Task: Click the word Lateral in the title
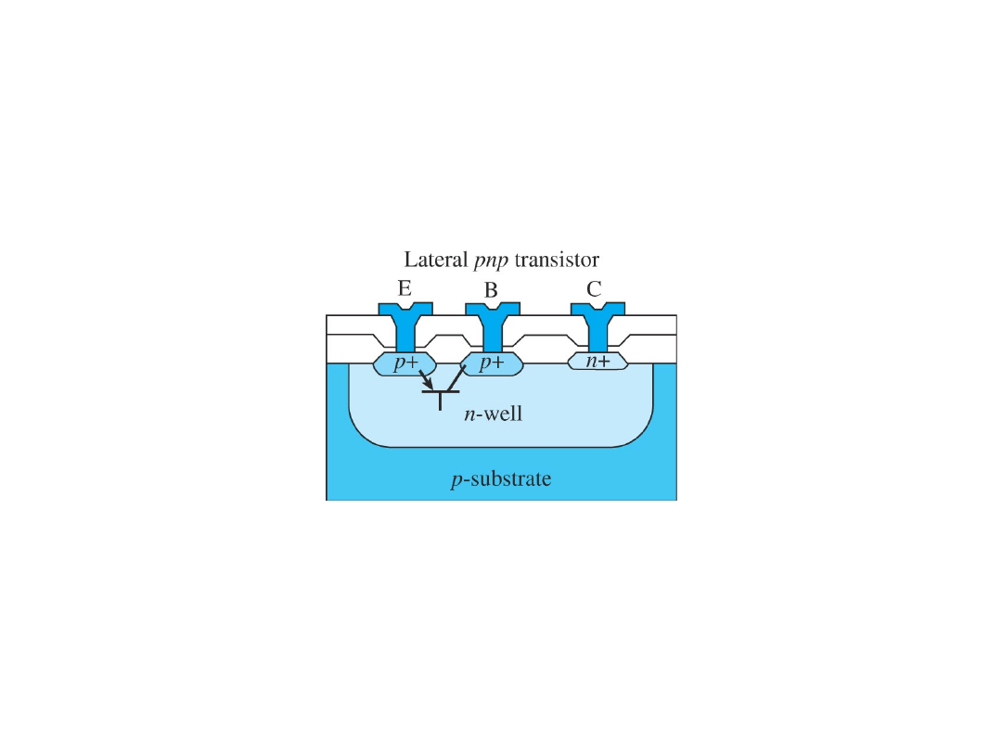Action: tap(432, 260)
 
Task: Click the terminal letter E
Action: tap(405, 288)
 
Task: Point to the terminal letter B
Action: tap(491, 289)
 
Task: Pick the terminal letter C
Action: tap(594, 288)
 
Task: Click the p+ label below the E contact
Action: tap(405, 363)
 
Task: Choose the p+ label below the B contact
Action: tap(492, 363)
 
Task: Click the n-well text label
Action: tap(493, 414)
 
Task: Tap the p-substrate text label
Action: tap(501, 479)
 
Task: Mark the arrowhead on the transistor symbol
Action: tap(428, 385)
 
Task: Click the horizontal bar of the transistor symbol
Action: tap(440, 392)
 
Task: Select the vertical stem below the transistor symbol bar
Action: tap(440, 401)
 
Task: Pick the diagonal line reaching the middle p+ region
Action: tap(456, 378)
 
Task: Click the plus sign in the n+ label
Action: tap(604, 363)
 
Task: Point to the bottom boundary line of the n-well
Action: tap(501, 448)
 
